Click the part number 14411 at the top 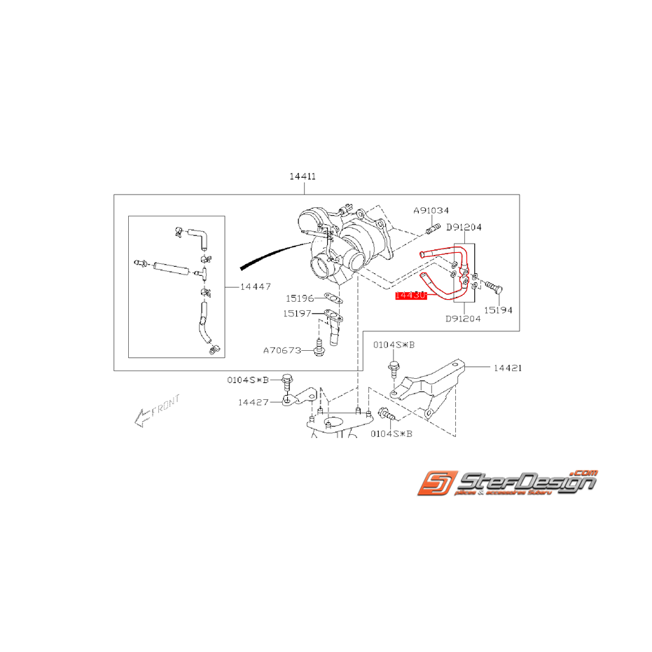coord(303,176)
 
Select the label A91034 coord(431,210)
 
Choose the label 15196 coord(299,298)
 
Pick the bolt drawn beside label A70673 coord(319,347)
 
